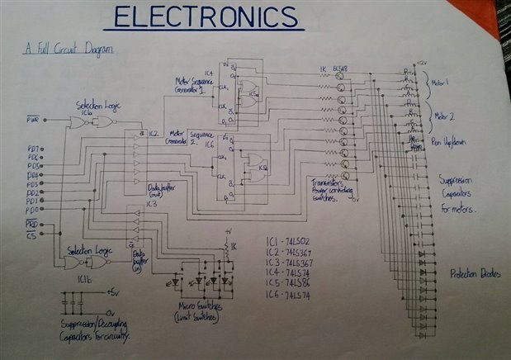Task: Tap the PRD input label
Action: tap(32, 224)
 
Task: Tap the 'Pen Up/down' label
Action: tap(450, 142)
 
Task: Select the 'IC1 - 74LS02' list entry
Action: tap(290, 239)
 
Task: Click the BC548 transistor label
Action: tap(339, 69)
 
